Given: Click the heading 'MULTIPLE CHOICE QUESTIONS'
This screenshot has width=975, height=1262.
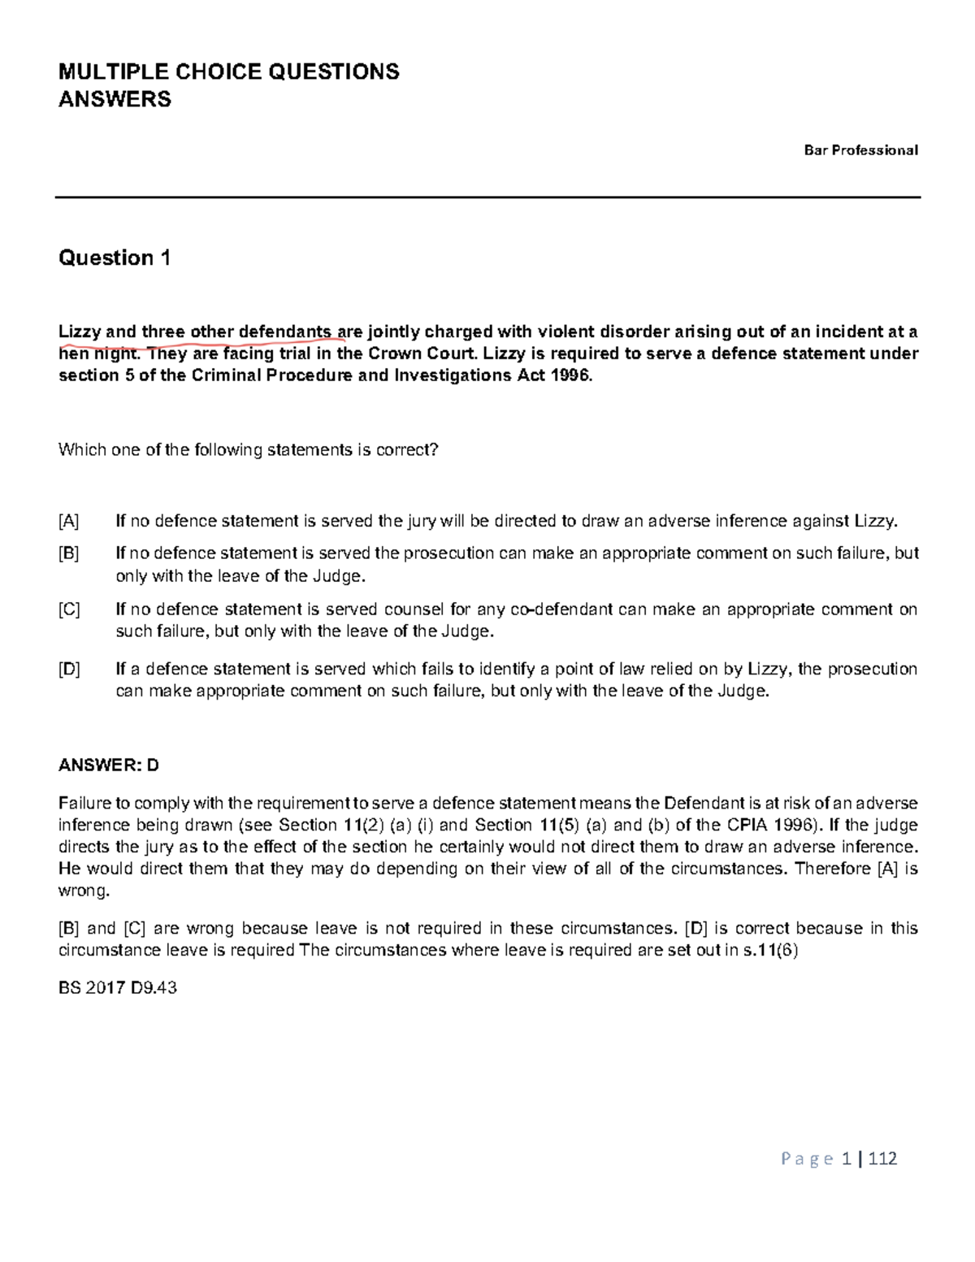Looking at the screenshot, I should click(228, 72).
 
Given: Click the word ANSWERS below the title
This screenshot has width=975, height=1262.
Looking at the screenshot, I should click(115, 100).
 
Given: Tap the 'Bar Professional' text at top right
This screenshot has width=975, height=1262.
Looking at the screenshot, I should click(860, 150).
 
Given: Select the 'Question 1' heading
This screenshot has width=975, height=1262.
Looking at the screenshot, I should click(115, 258).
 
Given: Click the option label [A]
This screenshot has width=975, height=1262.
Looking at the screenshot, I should click(69, 521).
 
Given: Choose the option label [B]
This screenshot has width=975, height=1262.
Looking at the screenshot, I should click(69, 553).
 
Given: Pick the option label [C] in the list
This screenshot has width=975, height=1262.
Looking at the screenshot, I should click(69, 609).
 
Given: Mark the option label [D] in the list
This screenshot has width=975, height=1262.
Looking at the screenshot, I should click(69, 669).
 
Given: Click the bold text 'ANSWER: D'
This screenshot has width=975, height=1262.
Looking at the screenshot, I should click(109, 765).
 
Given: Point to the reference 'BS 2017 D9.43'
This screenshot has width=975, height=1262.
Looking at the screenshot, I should click(117, 988).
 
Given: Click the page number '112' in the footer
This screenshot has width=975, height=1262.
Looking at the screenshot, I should click(882, 1159).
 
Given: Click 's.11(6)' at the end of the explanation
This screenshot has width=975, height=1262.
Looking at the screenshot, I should click(772, 951).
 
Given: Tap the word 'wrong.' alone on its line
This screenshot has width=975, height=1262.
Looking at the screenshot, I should click(83, 891).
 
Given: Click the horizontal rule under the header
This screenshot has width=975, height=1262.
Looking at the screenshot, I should click(487, 197).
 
